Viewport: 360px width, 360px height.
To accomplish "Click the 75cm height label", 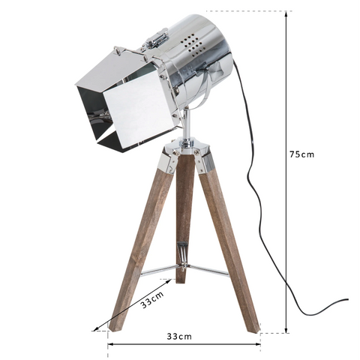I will point(302,154).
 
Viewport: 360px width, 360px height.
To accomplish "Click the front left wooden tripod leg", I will point(141,240).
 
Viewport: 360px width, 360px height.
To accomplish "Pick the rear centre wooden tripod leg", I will point(184,217).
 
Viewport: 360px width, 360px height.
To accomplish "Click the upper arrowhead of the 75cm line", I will point(286,13).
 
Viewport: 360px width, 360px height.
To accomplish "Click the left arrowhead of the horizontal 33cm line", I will point(109,344).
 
